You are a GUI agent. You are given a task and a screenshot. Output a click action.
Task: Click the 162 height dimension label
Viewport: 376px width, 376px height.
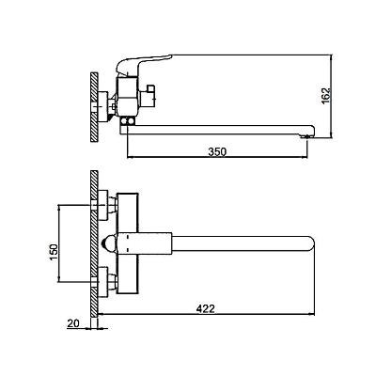326,95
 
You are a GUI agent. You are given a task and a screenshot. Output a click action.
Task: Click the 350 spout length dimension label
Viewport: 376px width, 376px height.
217,151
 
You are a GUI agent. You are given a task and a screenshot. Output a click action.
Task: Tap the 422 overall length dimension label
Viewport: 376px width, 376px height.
206,308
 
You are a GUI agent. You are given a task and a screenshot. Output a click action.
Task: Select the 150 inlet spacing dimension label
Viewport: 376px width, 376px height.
54,252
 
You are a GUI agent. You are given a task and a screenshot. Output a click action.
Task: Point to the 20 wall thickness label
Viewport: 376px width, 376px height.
73,323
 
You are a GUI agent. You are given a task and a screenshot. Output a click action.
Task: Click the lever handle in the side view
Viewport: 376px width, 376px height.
143,64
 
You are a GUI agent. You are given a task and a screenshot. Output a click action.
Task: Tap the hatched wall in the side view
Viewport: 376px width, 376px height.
94,107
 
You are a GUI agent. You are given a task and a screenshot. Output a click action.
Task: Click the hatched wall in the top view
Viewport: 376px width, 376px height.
94,243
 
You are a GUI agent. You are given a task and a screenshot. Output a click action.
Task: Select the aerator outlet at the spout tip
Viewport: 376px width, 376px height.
306,136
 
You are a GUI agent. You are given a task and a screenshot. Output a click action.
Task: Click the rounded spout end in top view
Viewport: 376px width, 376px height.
309,243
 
